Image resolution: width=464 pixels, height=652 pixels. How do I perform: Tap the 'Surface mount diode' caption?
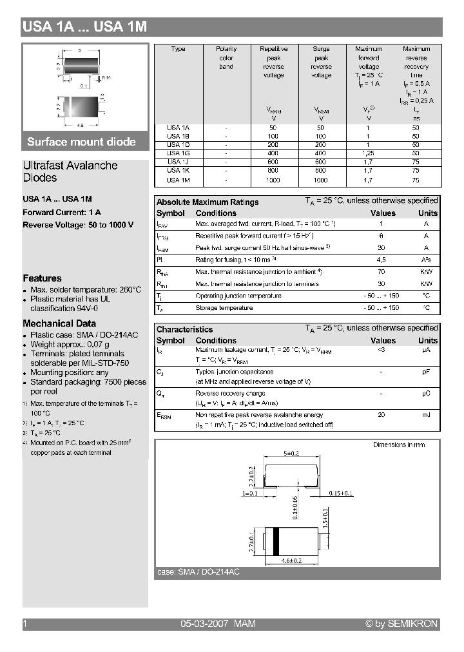click(81, 142)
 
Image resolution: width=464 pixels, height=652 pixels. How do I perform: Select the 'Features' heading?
click(42, 278)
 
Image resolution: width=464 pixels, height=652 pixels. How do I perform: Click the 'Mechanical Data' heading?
click(59, 323)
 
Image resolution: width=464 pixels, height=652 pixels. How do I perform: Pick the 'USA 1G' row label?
click(178, 153)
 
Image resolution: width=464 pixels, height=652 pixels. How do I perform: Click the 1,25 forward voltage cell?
click(368, 153)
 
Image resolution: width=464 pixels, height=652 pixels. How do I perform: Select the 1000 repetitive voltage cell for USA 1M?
click(273, 180)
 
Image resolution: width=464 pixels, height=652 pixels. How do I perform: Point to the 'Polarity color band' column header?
click(226, 58)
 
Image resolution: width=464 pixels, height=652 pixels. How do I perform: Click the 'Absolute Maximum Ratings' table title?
click(208, 202)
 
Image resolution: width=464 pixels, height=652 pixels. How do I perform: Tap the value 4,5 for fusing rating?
click(381, 260)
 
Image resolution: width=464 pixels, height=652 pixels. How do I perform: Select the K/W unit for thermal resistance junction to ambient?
click(426, 272)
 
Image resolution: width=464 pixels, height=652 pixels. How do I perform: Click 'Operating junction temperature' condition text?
click(238, 296)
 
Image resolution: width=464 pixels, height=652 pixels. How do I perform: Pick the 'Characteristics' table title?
click(184, 329)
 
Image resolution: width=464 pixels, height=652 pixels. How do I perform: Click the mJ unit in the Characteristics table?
click(426, 415)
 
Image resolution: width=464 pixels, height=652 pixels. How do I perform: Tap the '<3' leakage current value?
click(381, 350)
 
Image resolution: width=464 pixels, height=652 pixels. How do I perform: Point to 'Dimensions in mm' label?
click(399, 445)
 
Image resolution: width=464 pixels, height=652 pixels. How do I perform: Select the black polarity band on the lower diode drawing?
click(275, 540)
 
